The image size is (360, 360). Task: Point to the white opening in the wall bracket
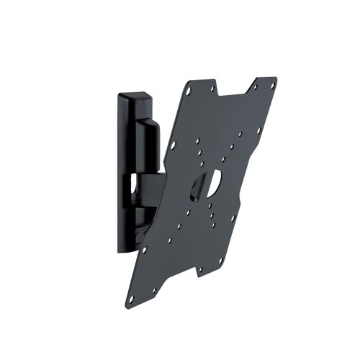pyautogui.click(x=134, y=185)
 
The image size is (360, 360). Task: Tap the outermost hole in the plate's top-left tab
pyautogui.click(x=188, y=92)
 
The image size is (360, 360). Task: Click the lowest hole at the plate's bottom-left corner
pyautogui.click(x=132, y=297)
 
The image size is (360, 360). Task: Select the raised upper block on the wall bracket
pyautogui.click(x=148, y=140)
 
